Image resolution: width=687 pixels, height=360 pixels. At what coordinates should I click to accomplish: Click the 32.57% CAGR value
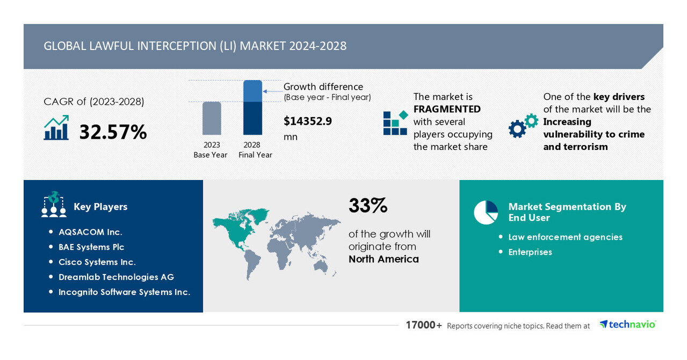113,132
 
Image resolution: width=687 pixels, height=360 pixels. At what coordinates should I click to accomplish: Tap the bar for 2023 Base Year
212,118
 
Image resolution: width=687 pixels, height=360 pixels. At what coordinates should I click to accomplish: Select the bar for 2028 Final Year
252,107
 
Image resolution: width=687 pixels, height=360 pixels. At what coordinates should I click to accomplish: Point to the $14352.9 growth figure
308,121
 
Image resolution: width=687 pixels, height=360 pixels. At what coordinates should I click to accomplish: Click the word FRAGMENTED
447,109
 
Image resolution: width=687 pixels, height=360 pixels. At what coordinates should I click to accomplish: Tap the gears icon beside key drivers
523,126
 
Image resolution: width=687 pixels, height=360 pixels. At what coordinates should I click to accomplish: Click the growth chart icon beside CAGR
56,128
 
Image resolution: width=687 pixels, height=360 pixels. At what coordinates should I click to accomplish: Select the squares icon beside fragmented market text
395,123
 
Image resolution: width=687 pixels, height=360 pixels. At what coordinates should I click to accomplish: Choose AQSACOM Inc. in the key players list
90,232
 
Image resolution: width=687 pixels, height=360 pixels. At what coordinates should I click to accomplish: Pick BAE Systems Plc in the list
91,247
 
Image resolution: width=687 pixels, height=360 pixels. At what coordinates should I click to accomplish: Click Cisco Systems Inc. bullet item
97,262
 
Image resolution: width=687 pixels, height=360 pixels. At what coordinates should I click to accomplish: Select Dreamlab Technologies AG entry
116,277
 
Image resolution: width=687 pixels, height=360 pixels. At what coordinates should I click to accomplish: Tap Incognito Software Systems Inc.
124,292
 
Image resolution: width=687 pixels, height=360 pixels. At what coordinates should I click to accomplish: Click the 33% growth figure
368,206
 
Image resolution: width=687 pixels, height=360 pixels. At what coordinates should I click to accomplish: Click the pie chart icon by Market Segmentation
486,212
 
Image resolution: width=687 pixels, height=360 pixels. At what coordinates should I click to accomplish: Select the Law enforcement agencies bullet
565,237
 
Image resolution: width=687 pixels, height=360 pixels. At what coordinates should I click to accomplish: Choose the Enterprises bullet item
530,252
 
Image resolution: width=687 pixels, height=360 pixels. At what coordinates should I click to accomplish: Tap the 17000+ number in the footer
424,325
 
